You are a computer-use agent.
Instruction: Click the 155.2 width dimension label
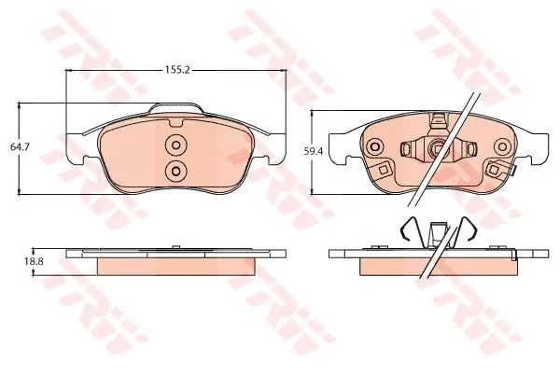(x=176, y=70)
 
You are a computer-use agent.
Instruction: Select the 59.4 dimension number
(x=314, y=151)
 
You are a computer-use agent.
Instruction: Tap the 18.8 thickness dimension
(x=34, y=261)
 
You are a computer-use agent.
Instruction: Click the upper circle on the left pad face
(x=175, y=145)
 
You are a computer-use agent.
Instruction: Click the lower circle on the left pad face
(x=175, y=172)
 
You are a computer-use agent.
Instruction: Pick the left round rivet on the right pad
(x=375, y=146)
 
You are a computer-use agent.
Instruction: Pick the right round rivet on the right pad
(x=502, y=146)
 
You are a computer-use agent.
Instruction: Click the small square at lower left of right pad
(x=384, y=170)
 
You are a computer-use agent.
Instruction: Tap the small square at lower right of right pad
(x=495, y=169)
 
